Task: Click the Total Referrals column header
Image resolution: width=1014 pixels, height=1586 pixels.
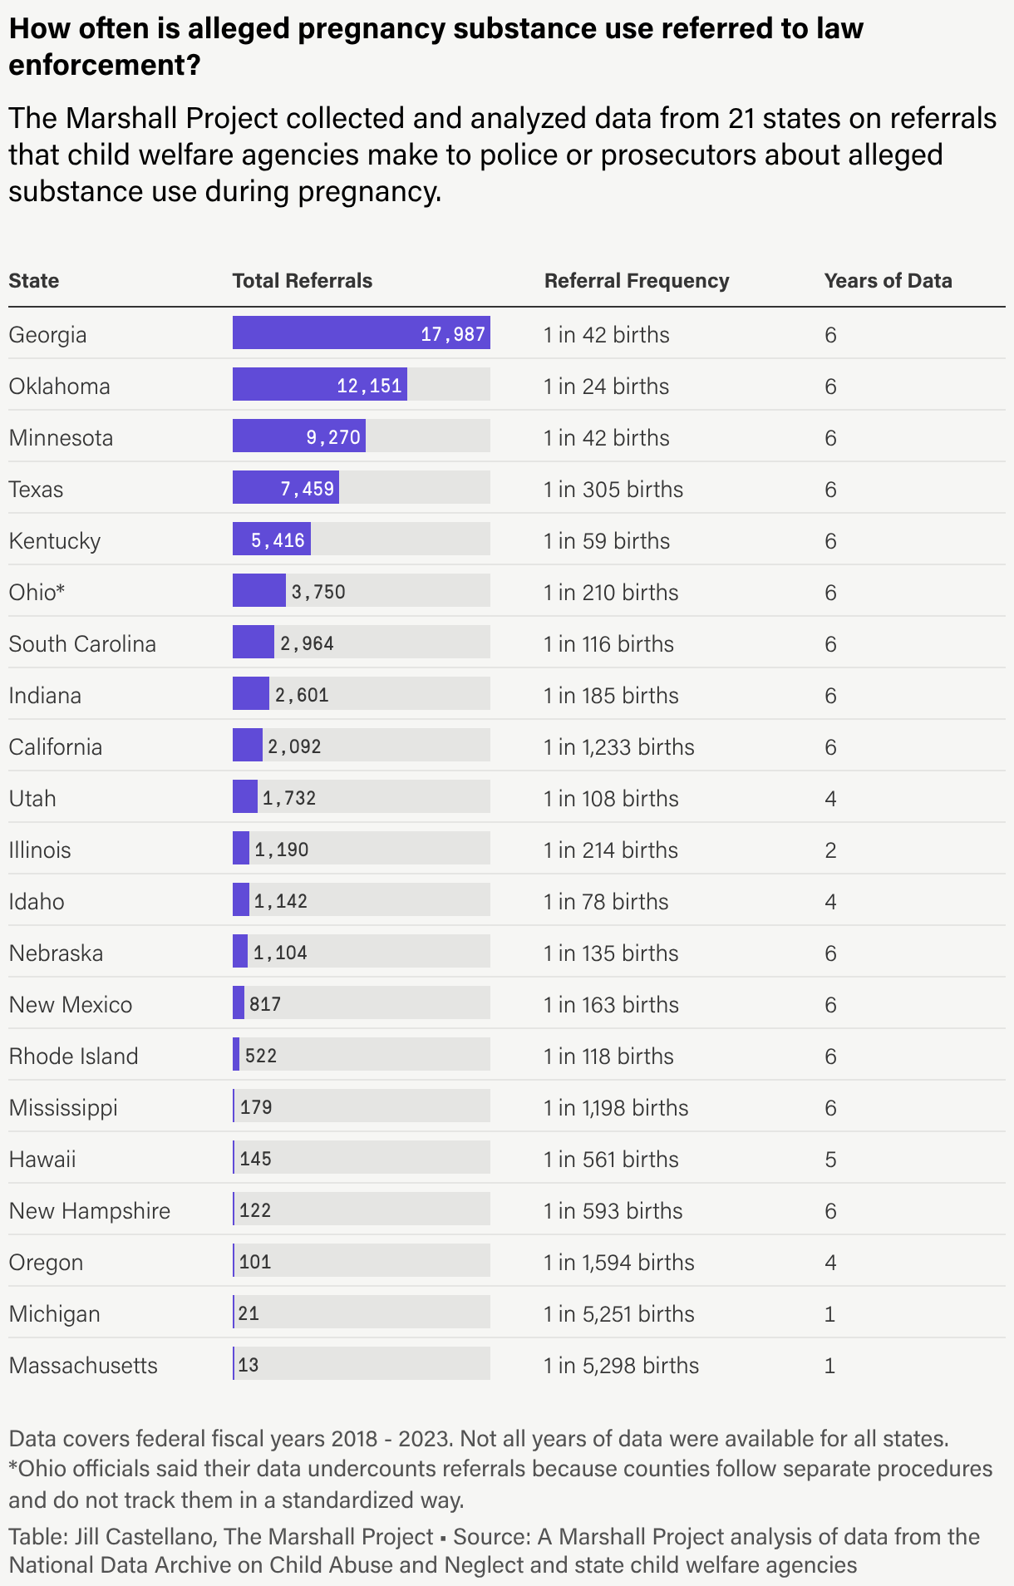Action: coord(302,281)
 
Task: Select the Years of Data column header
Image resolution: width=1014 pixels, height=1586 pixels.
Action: coord(888,281)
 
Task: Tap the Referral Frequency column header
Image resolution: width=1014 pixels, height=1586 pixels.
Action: coord(637,281)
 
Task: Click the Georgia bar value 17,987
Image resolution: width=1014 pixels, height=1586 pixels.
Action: coord(453,334)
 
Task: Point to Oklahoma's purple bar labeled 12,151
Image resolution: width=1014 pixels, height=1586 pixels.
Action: coord(320,386)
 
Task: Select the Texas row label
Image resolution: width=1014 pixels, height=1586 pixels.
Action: coord(36,489)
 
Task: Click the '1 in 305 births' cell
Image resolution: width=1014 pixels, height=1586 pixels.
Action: coord(613,489)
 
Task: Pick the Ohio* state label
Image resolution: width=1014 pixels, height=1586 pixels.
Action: coord(37,592)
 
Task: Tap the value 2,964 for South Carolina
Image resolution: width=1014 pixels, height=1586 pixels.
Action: coord(307,643)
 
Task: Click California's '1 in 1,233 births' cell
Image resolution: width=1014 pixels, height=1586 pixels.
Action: coord(619,746)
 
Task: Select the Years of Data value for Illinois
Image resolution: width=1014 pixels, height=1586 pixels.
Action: coord(830,850)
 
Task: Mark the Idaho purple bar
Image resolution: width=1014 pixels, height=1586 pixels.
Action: coord(241,901)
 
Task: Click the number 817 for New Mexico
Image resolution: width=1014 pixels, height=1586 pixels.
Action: coord(265,1004)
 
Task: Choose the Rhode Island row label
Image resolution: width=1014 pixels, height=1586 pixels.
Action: coord(73,1056)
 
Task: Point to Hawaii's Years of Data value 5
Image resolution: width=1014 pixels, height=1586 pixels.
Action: coord(830,1159)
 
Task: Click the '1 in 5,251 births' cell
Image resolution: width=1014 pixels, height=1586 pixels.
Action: coord(619,1313)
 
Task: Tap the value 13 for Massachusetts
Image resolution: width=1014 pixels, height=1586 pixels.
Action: coord(249,1365)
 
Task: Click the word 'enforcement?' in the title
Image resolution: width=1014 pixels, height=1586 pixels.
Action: coord(105,64)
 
